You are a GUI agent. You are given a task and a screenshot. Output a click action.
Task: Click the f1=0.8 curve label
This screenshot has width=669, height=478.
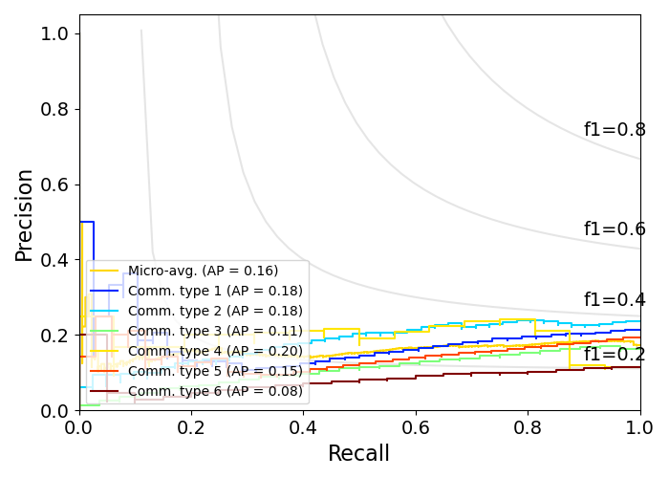[615, 130]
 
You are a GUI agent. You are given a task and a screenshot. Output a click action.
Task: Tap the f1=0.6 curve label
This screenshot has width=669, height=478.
[615, 229]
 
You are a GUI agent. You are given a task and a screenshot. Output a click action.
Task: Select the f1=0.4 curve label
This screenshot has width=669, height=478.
[615, 300]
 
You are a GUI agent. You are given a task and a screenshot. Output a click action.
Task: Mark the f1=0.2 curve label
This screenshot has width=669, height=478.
[615, 355]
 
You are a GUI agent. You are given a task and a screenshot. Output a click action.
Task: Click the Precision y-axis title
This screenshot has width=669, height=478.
[25, 214]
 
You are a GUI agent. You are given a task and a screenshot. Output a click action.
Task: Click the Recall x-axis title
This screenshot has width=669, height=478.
[359, 454]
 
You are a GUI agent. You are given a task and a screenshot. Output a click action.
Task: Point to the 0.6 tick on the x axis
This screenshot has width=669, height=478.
[416, 426]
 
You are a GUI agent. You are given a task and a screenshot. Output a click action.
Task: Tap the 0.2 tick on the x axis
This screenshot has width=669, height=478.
[191, 426]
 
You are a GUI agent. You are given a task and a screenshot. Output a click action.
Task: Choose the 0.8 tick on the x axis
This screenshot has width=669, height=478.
[528, 426]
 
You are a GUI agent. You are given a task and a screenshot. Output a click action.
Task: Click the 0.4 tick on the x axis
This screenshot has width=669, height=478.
[304, 426]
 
